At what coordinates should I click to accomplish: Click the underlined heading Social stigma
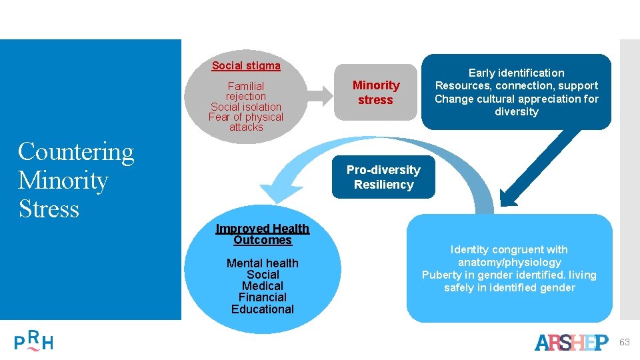[x=246, y=65]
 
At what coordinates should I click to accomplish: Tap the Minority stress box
[x=376, y=93]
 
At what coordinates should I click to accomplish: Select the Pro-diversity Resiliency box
[x=383, y=177]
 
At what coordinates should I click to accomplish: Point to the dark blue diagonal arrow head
[x=509, y=197]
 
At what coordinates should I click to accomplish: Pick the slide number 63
[x=625, y=342]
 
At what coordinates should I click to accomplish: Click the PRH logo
[x=34, y=341]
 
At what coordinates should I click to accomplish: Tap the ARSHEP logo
[x=571, y=342]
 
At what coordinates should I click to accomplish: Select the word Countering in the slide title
[x=76, y=152]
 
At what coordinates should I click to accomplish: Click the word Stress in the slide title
[x=49, y=209]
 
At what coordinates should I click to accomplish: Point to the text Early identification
[x=516, y=73]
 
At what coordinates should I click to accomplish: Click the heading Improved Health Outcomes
[x=263, y=234]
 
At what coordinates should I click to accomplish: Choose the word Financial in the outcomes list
[x=263, y=297]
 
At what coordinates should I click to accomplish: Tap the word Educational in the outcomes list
[x=263, y=309]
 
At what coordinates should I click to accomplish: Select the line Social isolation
[x=246, y=107]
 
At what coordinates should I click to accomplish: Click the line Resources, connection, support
[x=516, y=85]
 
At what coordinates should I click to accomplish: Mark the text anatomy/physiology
[x=509, y=262]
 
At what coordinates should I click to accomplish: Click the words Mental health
[x=263, y=263]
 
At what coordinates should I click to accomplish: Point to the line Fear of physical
[x=246, y=117]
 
